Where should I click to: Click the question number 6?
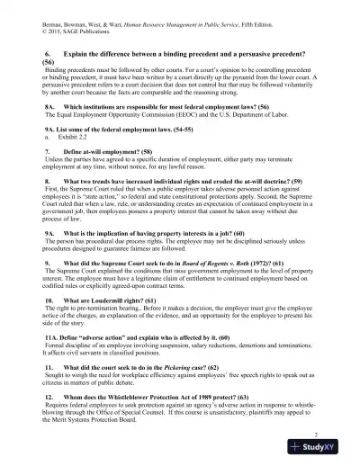48,53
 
